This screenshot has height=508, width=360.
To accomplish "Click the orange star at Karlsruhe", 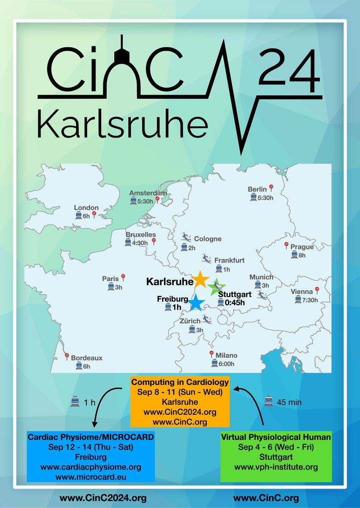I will click(200, 280).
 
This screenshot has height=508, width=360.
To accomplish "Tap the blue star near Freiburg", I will click(197, 303).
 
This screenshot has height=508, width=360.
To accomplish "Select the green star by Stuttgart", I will click(217, 287).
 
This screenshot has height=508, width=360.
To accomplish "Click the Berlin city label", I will click(257, 189).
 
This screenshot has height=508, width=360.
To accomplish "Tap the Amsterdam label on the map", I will click(148, 193).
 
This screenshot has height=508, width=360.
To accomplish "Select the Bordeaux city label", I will click(86, 358).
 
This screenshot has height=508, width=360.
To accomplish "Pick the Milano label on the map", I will click(226, 355).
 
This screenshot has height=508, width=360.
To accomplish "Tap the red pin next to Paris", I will click(123, 277).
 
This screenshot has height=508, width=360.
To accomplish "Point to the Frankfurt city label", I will click(229, 260).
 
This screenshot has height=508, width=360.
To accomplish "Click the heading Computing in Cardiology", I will click(179, 382).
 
